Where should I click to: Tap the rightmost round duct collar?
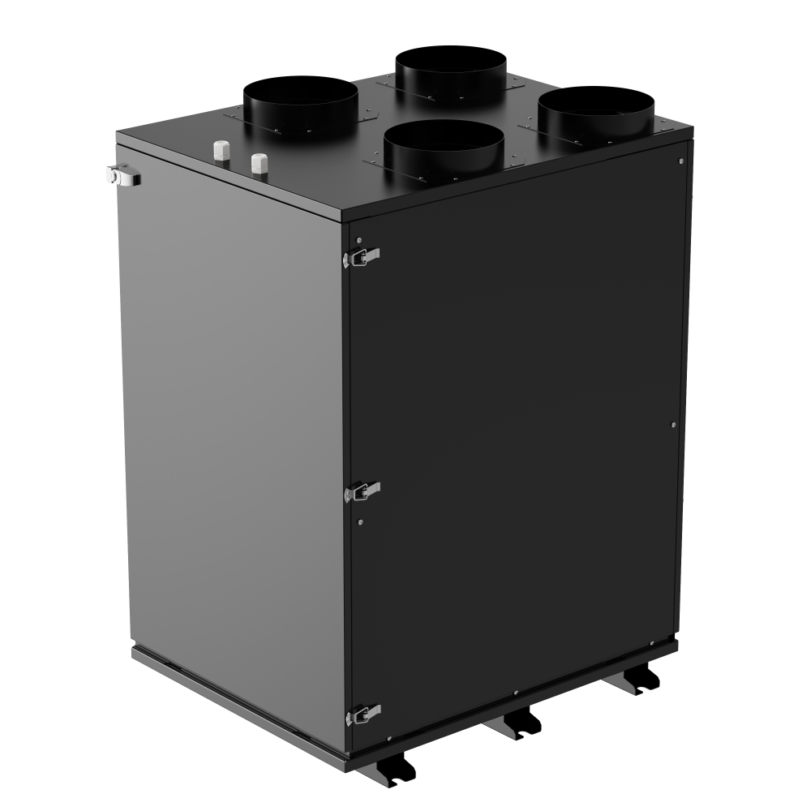[x=596, y=112]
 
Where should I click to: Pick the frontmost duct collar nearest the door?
[x=444, y=149]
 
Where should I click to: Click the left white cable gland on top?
[x=221, y=151]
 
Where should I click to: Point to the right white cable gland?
[x=259, y=161]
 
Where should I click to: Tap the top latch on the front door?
[x=362, y=256]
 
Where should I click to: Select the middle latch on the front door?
[x=362, y=490]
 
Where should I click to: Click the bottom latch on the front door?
[x=363, y=714]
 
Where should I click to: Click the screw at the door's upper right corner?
[x=680, y=161]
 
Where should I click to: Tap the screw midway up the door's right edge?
[x=675, y=423]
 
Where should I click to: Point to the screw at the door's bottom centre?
[x=516, y=693]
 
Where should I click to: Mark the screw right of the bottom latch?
[x=390, y=738]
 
